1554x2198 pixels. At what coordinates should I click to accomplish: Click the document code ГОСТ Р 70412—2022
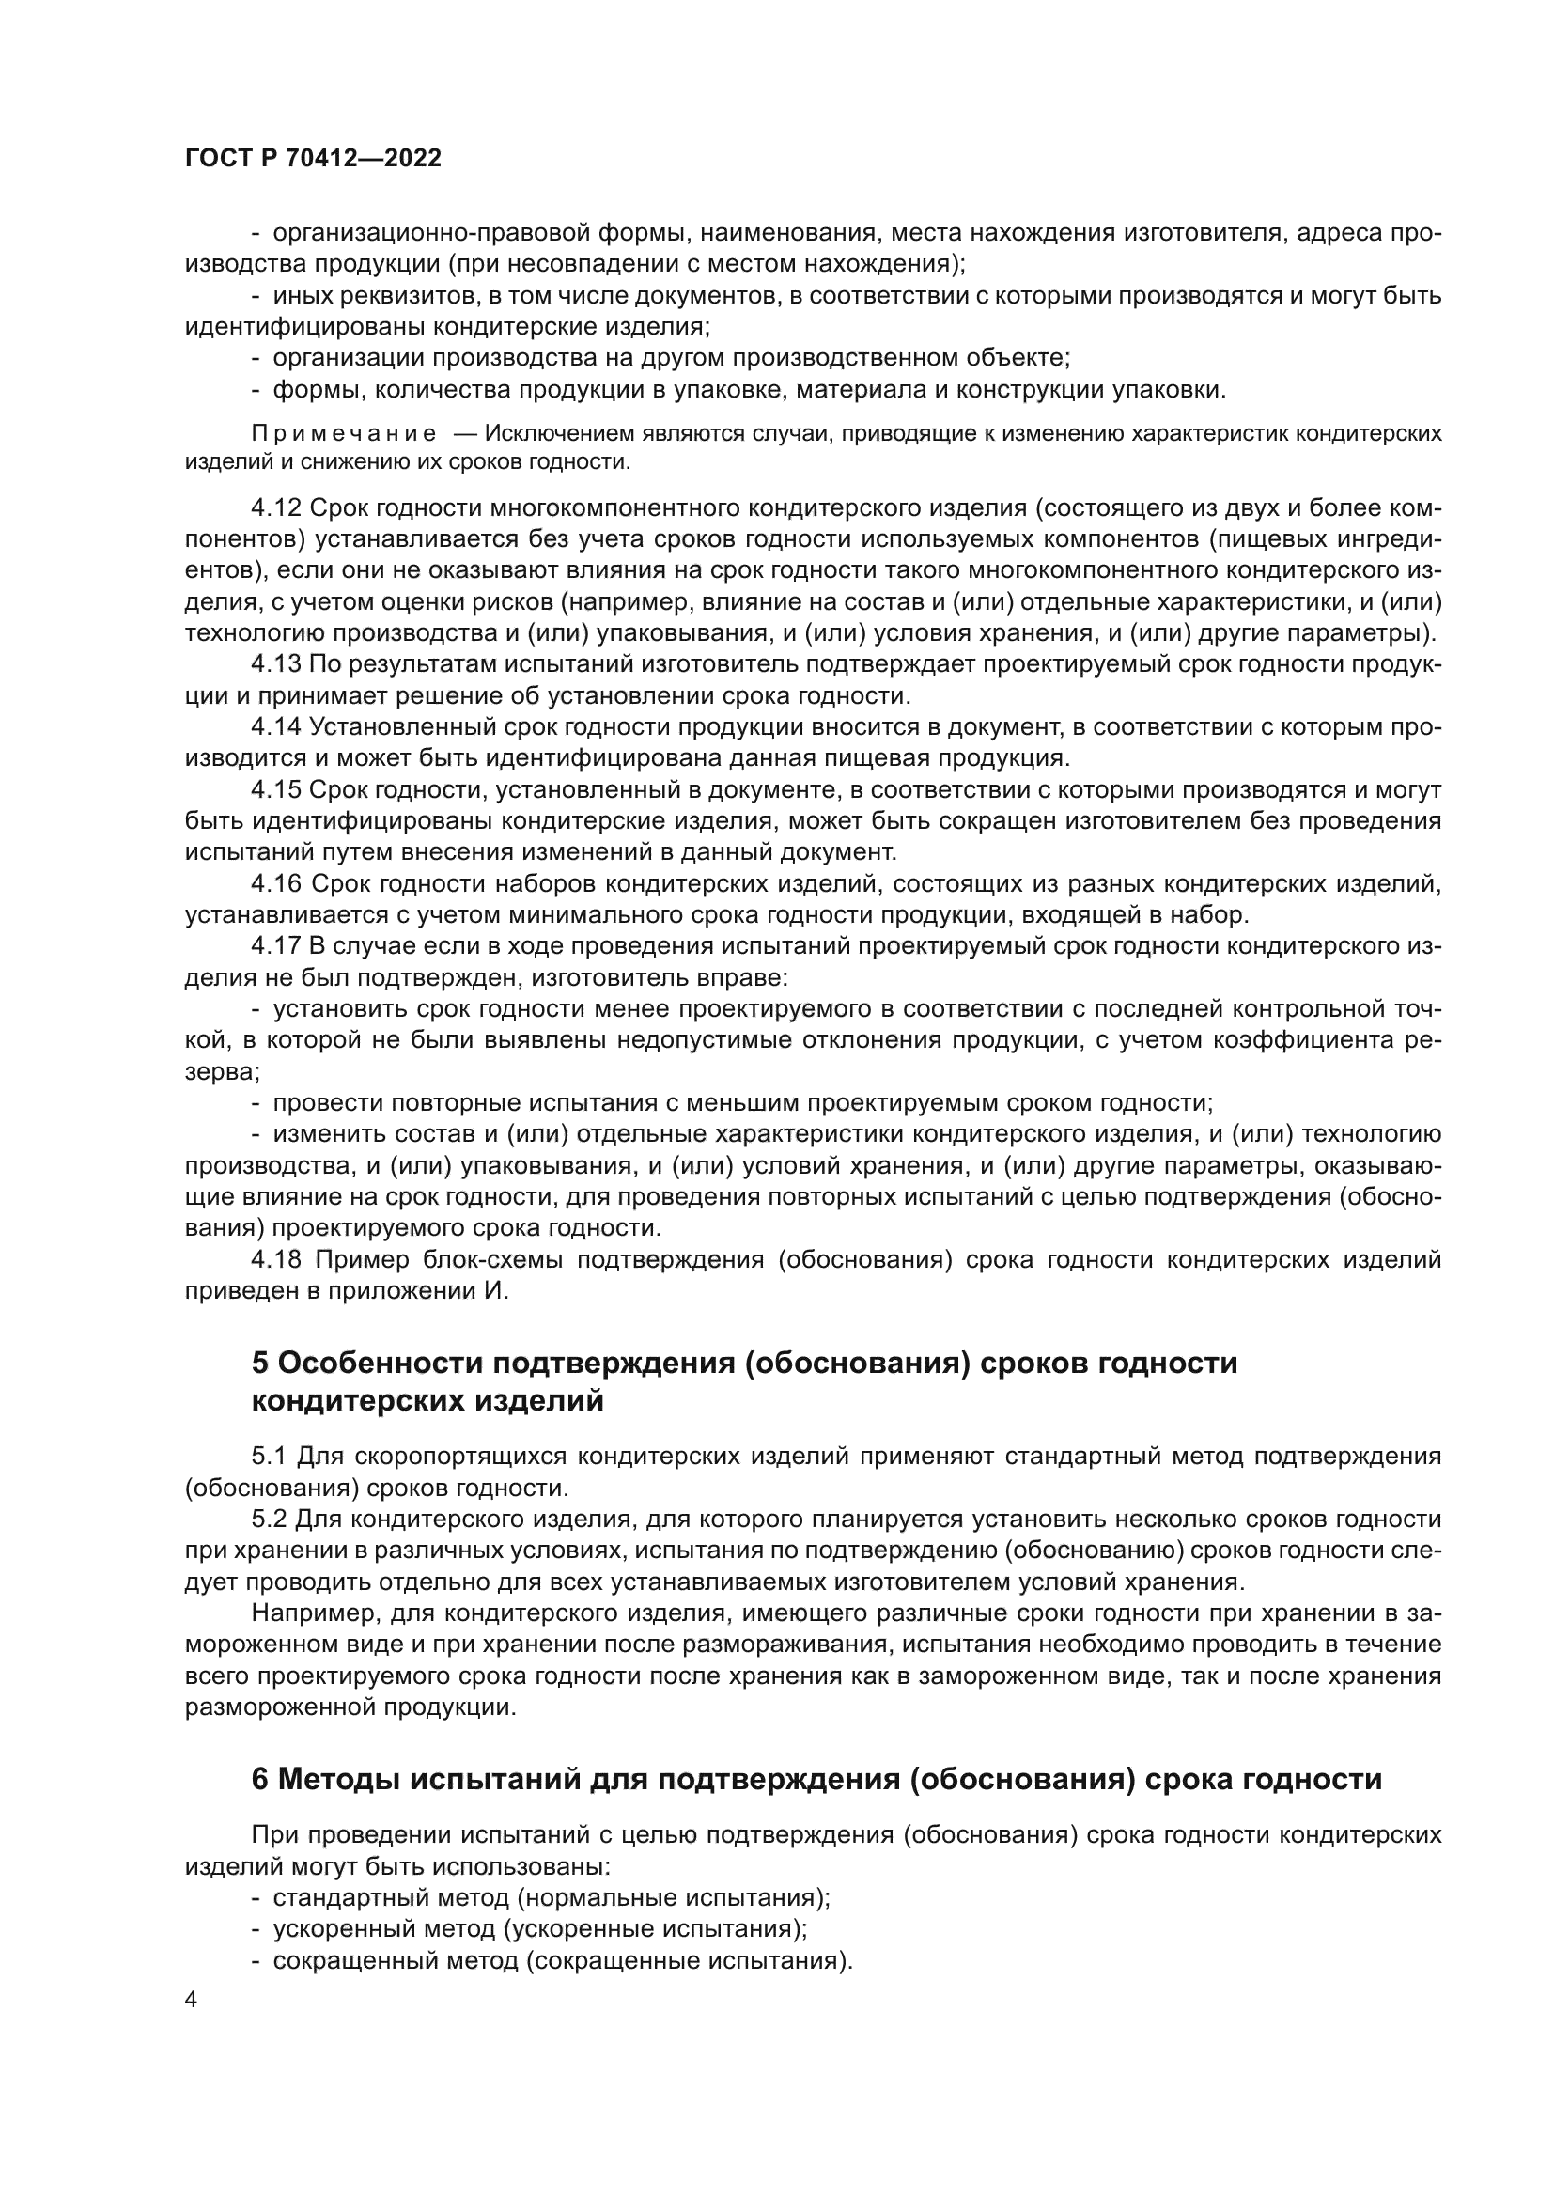pyautogui.click(x=313, y=159)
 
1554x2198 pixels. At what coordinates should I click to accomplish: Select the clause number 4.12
pyautogui.click(x=276, y=507)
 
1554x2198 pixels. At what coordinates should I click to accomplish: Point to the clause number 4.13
pyautogui.click(x=276, y=664)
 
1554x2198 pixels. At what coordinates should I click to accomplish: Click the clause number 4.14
pyautogui.click(x=276, y=727)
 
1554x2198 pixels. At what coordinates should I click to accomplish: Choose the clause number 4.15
pyautogui.click(x=276, y=789)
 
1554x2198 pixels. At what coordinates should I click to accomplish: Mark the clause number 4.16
pyautogui.click(x=276, y=883)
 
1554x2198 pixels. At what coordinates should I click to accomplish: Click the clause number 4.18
pyautogui.click(x=276, y=1260)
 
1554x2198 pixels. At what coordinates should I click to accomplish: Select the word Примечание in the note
pyautogui.click(x=344, y=433)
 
